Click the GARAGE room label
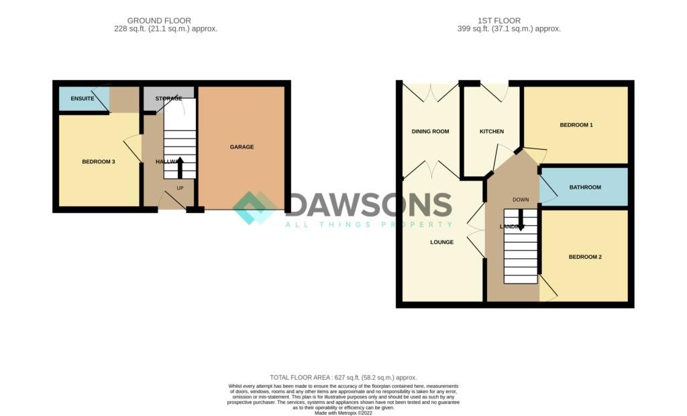pyautogui.click(x=242, y=147)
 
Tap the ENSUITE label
pyautogui.click(x=83, y=99)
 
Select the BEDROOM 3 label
pyautogui.click(x=99, y=161)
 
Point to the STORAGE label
pyautogui.click(x=168, y=99)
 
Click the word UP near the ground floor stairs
pyautogui.click(x=180, y=188)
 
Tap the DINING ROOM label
pyautogui.click(x=430, y=132)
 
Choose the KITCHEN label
pyautogui.click(x=491, y=132)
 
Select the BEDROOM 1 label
pyautogui.click(x=576, y=125)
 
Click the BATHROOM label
pyautogui.click(x=585, y=188)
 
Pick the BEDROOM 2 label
pyautogui.click(x=585, y=257)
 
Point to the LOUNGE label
pyautogui.click(x=442, y=242)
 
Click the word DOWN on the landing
pyautogui.click(x=521, y=200)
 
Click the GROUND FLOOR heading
pyautogui.click(x=159, y=21)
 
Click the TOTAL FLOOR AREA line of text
pyautogui.click(x=343, y=378)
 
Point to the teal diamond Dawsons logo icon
pyautogui.click(x=255, y=208)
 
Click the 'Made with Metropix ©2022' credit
pyautogui.click(x=343, y=413)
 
